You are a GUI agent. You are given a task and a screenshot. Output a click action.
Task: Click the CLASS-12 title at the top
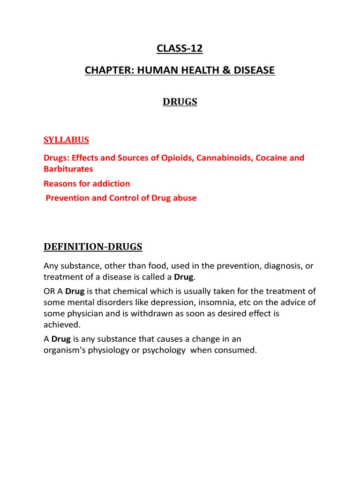point(180,48)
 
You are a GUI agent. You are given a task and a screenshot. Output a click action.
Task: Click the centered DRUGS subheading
point(180,102)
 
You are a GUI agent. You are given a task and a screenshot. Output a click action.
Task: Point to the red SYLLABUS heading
point(66,140)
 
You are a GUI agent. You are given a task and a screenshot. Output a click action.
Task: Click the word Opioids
point(177,157)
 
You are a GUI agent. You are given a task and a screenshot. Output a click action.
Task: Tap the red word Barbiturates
point(68,169)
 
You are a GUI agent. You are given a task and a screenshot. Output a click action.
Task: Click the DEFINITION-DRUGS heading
point(93,247)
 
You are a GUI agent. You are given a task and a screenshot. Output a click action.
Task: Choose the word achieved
point(62,325)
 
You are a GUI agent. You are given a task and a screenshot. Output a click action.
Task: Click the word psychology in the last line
point(160,350)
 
